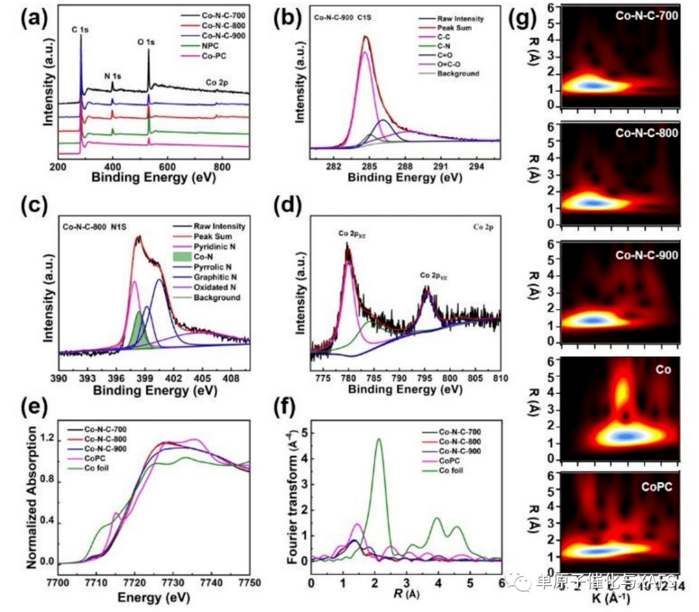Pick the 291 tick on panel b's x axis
(440, 166)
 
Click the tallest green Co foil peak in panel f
(379, 440)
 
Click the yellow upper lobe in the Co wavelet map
(621, 392)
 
